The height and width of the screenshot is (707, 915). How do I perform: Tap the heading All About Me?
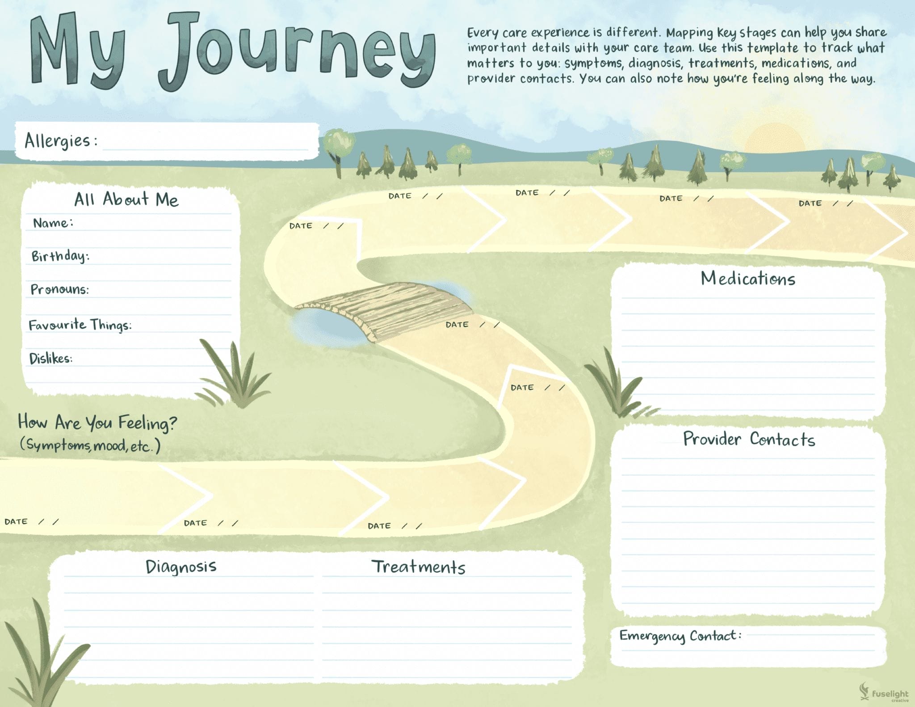point(126,199)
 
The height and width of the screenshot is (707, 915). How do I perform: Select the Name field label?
point(53,223)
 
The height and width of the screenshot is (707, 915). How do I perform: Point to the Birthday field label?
point(60,256)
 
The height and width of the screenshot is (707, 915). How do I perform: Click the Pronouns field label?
point(59,289)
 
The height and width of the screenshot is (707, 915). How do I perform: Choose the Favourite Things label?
point(80,325)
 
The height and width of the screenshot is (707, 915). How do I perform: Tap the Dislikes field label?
point(50,358)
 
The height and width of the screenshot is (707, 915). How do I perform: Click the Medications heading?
point(748,279)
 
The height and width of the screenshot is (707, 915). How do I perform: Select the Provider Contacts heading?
point(749,439)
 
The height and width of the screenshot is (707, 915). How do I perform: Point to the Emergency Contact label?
point(680,636)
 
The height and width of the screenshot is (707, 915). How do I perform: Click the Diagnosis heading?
point(181,567)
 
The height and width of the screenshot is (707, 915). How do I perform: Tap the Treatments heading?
point(418,567)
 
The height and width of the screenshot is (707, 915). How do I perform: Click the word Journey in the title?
point(297,51)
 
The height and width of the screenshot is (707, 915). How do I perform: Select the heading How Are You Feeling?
point(97,423)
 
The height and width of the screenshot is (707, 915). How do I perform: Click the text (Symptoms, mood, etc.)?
point(90,445)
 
